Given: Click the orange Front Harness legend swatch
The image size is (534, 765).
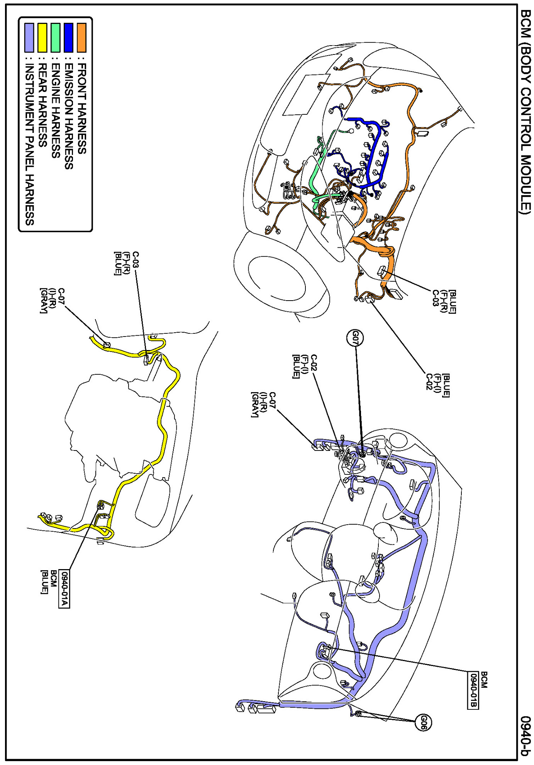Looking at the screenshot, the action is [x=81, y=37].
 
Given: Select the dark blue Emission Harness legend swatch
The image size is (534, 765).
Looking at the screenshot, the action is [x=68, y=37].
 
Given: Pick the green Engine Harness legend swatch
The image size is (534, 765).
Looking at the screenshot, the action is [x=55, y=37].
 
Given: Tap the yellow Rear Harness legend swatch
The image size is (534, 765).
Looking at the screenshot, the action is [x=42, y=37].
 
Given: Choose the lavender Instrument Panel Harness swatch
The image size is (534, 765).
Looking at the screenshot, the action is [x=29, y=37].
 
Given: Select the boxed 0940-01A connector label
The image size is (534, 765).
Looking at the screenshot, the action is [x=64, y=589].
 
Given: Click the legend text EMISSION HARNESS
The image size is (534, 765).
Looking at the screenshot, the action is [x=69, y=116].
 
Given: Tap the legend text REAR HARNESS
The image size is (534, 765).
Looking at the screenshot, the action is [x=42, y=104].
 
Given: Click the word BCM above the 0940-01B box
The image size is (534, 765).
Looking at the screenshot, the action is [x=484, y=680].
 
